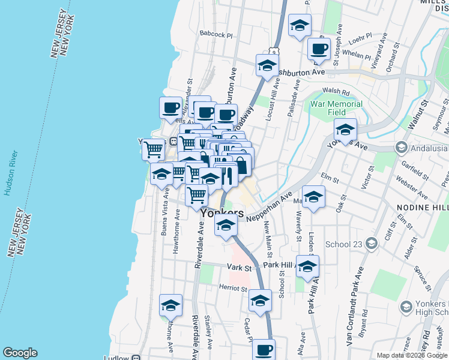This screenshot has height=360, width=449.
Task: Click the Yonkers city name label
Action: (222, 213)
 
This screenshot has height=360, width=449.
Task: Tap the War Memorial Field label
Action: (336, 108)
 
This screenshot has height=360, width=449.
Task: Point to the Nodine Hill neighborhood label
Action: (422, 207)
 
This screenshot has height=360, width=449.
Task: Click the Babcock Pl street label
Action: (216, 35)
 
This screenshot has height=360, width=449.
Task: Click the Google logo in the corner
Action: (20, 353)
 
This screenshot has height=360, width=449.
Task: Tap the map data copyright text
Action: (412, 355)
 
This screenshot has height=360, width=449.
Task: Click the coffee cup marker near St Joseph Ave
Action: (318, 49)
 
